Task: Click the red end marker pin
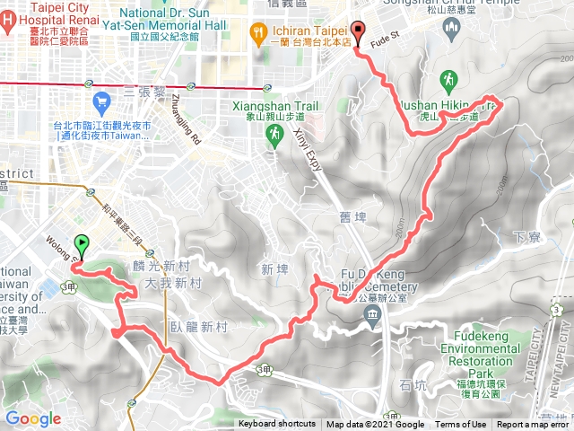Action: click(359, 32)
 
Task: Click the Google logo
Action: click(33, 418)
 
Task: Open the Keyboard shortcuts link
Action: click(277, 425)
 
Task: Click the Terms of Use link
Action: click(461, 425)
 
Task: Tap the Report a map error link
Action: click(533, 425)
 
